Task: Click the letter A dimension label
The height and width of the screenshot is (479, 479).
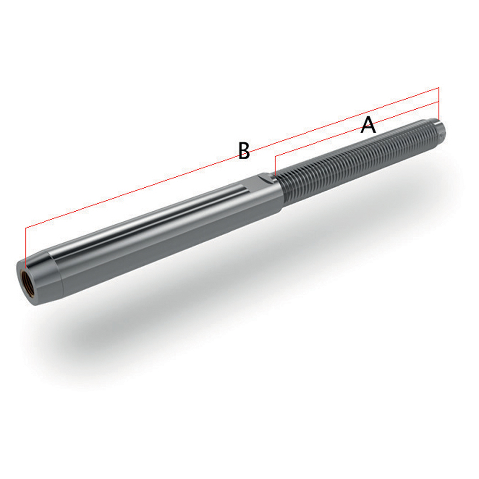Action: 368,125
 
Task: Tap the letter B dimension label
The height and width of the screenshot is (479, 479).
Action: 244,151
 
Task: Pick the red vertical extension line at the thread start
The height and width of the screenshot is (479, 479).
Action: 275,165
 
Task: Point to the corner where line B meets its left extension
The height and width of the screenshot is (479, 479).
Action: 26,228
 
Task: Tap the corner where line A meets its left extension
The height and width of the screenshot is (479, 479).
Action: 275,156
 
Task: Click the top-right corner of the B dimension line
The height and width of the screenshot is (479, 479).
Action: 438,88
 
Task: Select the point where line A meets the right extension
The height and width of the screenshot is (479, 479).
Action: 438,102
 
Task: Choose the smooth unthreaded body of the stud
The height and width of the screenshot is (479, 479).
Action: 163,230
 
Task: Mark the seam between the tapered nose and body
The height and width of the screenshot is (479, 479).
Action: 62,268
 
